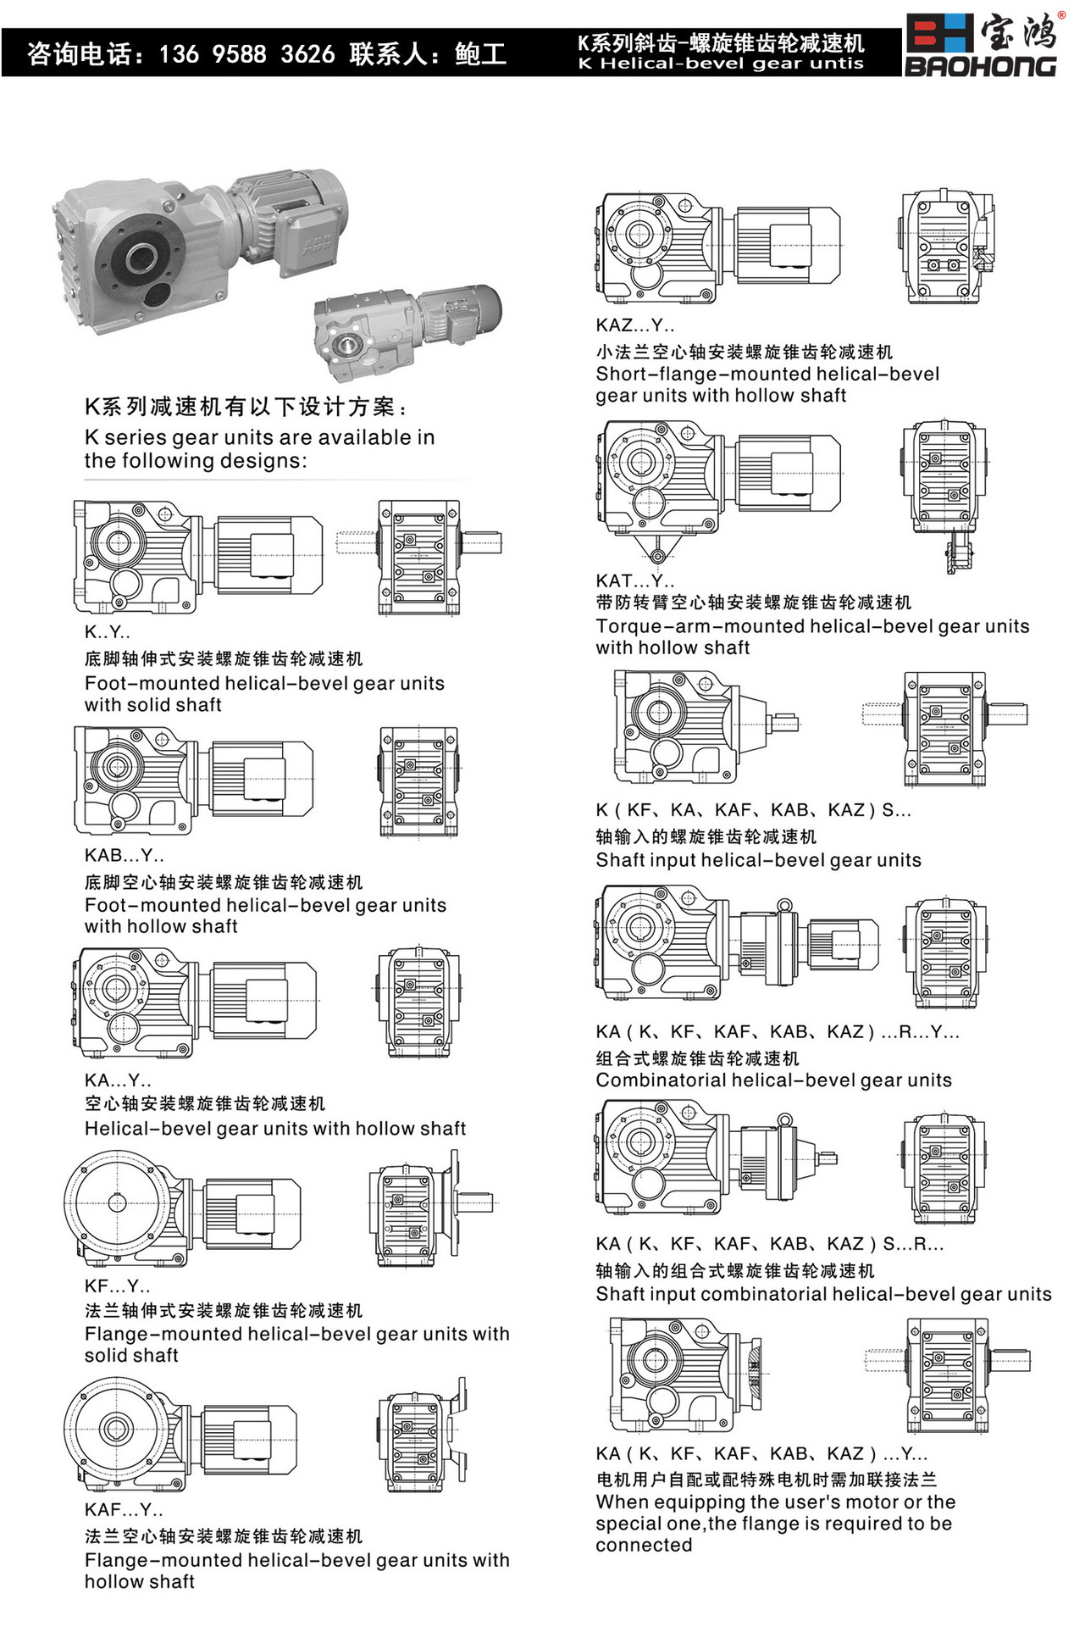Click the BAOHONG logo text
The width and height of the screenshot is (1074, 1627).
point(980,66)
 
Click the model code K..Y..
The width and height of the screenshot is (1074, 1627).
point(108,632)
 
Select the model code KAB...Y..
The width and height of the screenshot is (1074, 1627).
point(125,855)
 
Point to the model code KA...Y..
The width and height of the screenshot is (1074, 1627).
point(119,1080)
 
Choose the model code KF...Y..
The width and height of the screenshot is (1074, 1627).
point(118,1285)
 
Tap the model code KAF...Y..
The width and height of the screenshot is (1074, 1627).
point(124,1509)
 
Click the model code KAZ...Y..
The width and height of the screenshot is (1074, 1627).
point(635,325)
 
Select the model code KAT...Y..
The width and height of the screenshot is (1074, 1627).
point(635,580)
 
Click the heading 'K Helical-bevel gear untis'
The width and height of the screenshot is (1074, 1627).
point(721,64)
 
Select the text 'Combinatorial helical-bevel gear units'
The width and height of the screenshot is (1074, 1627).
point(773,1080)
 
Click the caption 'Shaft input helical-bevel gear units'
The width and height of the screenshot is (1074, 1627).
point(758,860)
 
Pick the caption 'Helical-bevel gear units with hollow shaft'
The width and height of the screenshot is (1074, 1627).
point(275,1129)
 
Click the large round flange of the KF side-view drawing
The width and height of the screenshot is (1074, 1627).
point(117,1202)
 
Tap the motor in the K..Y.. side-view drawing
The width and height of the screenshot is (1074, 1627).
point(268,554)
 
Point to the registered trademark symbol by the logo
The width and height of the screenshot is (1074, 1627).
point(1061,14)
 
